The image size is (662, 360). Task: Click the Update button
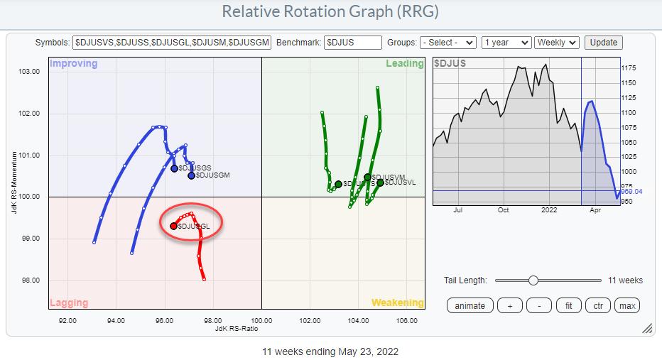click(604, 43)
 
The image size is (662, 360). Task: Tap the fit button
click(568, 305)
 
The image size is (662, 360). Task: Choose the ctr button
click(597, 305)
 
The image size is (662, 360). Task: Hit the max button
click(626, 305)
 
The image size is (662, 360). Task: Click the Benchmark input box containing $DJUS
click(353, 43)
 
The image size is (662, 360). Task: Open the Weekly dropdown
click(558, 43)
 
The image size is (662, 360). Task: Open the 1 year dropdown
click(506, 43)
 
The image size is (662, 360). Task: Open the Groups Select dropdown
click(447, 43)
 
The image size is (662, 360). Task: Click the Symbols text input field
click(172, 43)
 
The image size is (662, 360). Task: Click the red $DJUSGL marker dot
click(173, 226)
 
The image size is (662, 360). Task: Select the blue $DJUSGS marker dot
click(174, 168)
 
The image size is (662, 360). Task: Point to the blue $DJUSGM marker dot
click(191, 175)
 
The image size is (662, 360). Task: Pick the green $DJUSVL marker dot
click(380, 182)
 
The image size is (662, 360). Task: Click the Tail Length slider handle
click(533, 280)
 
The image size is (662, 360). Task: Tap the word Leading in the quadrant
click(404, 64)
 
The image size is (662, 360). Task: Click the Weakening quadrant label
click(398, 302)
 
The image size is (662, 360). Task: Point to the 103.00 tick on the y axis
click(29, 72)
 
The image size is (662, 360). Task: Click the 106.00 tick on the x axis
click(407, 320)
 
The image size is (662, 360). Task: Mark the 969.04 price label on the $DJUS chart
click(632, 192)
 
